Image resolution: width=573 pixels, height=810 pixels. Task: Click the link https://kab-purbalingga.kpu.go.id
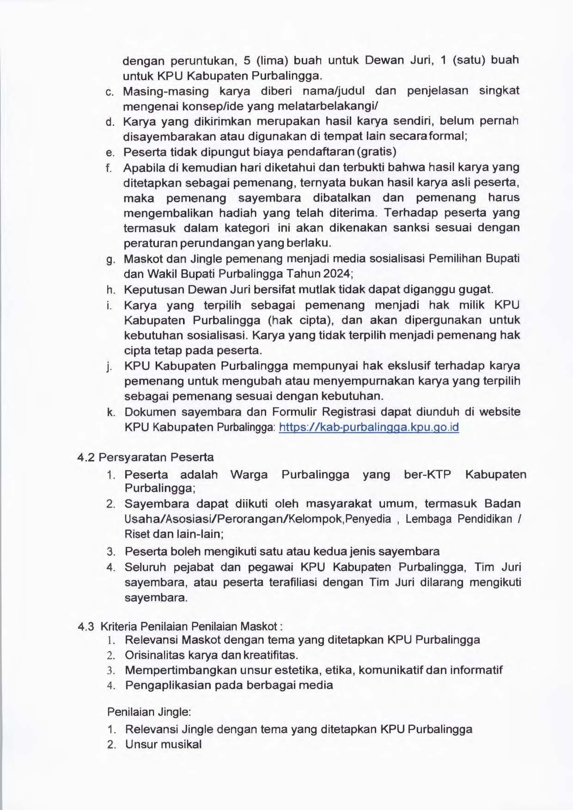point(369,427)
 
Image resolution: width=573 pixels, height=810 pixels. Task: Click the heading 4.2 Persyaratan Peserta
point(146,457)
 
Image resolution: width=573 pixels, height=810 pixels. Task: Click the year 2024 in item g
point(337,273)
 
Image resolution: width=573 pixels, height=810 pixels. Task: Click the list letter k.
point(111,412)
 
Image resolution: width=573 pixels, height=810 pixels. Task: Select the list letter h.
point(110,290)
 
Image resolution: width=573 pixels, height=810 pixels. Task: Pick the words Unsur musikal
point(163,744)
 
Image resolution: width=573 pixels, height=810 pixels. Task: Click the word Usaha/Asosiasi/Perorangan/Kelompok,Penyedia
point(257,519)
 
